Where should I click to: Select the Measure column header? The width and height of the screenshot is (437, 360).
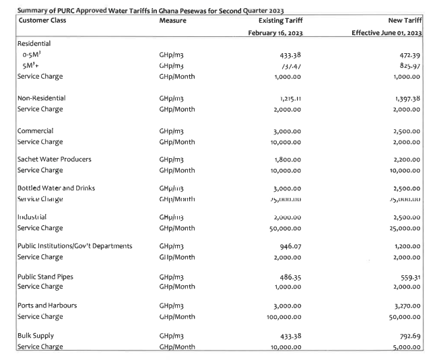pos(173,21)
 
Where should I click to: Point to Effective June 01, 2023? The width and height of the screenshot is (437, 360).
pos(386,32)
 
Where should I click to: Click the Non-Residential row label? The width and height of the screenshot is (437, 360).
pos(41,98)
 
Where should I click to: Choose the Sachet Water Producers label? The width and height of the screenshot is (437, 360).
pos(55,159)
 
